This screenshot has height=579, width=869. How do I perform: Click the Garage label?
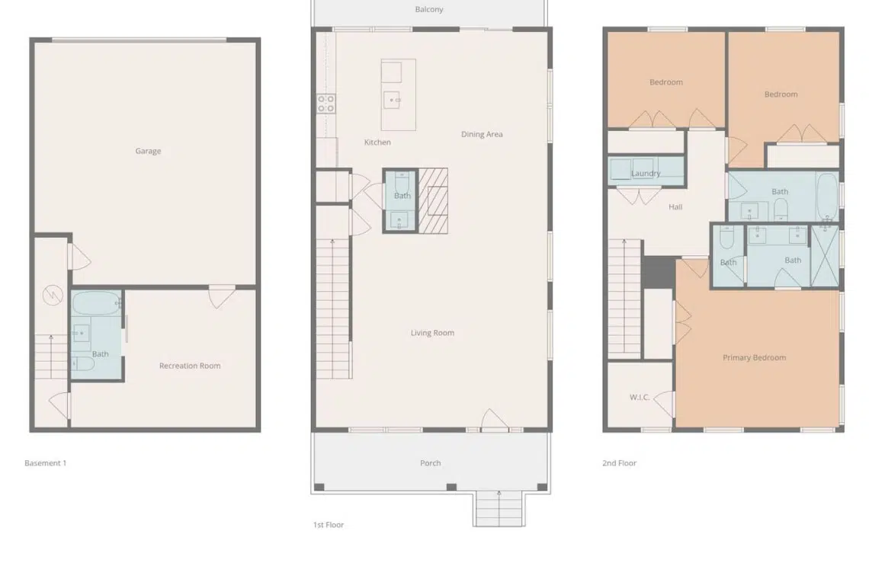[x=148, y=151]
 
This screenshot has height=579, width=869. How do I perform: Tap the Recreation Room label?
[x=190, y=366]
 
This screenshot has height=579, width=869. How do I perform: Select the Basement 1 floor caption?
[x=46, y=463]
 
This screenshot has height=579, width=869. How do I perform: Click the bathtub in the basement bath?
[x=97, y=304]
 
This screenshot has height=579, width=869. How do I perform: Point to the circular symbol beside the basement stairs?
[x=53, y=295]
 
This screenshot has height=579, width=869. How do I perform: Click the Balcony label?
[x=429, y=9]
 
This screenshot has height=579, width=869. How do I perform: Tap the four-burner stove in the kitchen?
[x=326, y=104]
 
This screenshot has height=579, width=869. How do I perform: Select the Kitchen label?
[x=377, y=142]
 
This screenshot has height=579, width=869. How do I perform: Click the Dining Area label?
[x=482, y=134]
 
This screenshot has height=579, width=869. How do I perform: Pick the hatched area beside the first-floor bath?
[x=433, y=200]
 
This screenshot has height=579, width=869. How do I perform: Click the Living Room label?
[x=432, y=333]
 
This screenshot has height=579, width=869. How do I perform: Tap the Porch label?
[x=431, y=463]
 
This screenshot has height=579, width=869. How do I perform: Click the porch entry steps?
[x=499, y=509]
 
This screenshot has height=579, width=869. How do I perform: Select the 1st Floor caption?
[x=329, y=525]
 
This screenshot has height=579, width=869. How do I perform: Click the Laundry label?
[x=646, y=174]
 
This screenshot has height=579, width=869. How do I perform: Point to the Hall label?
[x=675, y=207]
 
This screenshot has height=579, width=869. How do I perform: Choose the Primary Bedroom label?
[x=755, y=358]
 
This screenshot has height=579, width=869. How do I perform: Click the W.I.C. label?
[x=640, y=397]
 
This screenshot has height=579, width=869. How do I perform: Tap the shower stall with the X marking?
[x=825, y=255]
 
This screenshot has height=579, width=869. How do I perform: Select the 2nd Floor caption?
[x=620, y=463]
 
